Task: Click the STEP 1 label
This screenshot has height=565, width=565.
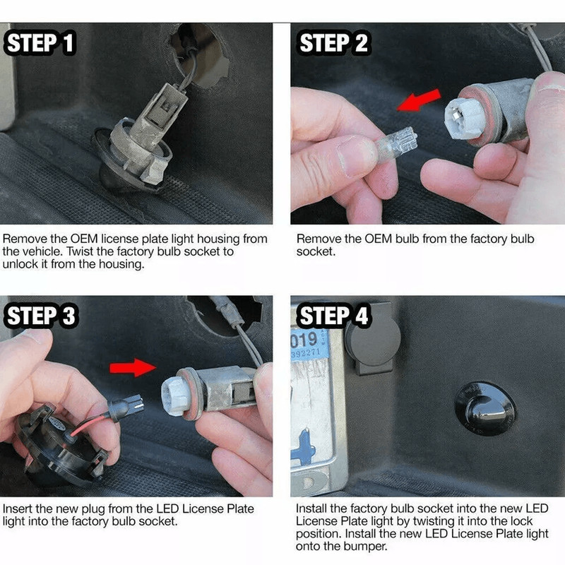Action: tap(40, 43)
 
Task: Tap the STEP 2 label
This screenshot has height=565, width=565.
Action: tap(333, 43)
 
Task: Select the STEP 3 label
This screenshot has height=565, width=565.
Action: tap(41, 316)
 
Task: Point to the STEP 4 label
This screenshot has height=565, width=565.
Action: tap(333, 316)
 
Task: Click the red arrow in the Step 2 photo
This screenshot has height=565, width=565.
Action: tap(419, 100)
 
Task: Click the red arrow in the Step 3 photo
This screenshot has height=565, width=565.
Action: tap(133, 367)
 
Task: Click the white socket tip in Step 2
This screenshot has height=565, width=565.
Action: tap(464, 118)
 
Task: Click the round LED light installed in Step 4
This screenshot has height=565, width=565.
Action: tap(484, 408)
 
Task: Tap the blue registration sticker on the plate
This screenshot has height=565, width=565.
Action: tap(309, 344)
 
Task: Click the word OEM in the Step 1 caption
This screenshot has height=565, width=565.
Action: tap(84, 239)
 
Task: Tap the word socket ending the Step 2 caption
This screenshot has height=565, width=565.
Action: tap(316, 251)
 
